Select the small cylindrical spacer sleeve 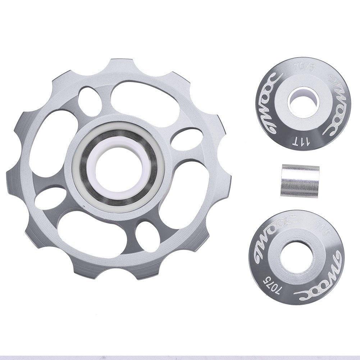(300, 181)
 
